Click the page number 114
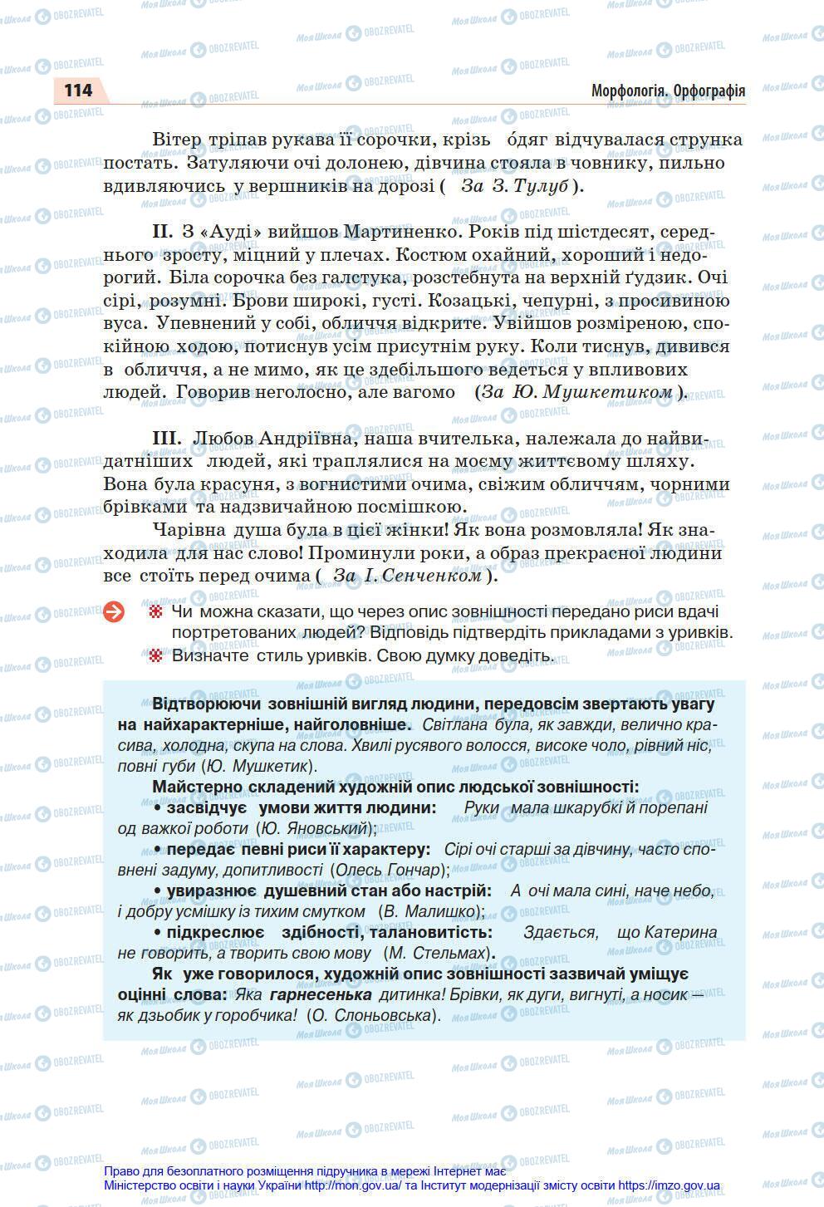click(x=77, y=90)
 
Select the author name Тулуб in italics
click(x=542, y=186)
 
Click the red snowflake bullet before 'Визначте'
click(x=154, y=656)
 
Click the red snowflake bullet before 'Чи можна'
click(x=154, y=612)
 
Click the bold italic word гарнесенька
click(x=321, y=994)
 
